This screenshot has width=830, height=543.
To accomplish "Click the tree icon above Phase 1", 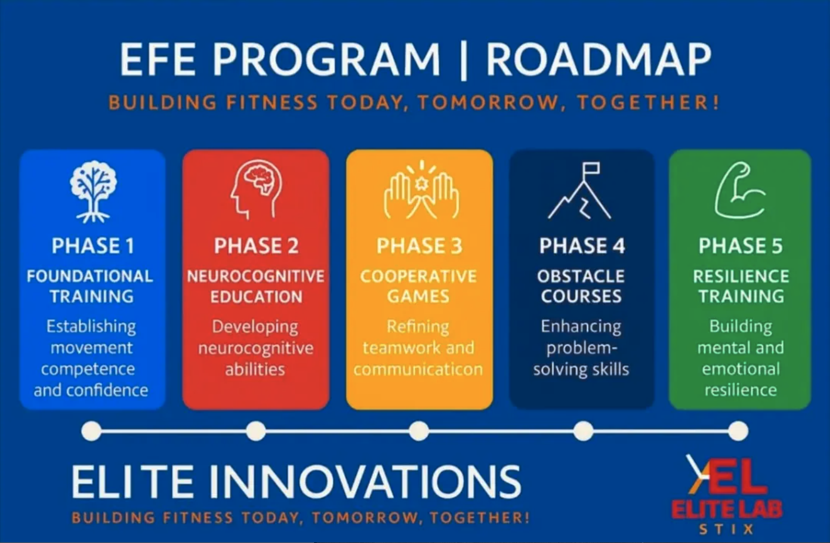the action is click(x=93, y=192).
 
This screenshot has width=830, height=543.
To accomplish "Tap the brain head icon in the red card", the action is click(x=257, y=189).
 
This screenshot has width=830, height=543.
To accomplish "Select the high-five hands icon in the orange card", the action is click(x=421, y=190).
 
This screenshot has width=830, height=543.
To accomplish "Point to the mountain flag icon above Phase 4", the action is click(x=580, y=190).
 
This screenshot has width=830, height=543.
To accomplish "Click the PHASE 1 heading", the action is click(x=93, y=246).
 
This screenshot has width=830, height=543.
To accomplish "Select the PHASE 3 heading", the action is click(x=420, y=246).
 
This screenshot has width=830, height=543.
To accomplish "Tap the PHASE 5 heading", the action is click(x=740, y=246).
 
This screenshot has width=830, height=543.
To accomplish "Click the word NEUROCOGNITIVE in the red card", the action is click(x=256, y=276).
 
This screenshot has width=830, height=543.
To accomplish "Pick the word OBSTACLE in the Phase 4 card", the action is click(x=581, y=276).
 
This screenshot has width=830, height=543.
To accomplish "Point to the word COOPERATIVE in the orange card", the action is click(x=419, y=276).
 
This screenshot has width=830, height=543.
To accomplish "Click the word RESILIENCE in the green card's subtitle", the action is click(x=741, y=276).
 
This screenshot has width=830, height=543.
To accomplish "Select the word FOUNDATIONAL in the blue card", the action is click(x=90, y=276).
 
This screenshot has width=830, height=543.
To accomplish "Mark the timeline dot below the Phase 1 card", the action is click(x=92, y=431).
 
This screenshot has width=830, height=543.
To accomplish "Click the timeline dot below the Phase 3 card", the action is click(x=419, y=431).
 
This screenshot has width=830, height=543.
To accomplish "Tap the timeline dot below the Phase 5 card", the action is click(x=738, y=431).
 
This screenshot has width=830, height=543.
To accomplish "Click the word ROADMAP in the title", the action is click(x=598, y=59).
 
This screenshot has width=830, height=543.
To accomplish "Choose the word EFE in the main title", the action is click(x=157, y=59).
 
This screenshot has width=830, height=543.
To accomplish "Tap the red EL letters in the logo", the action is click(x=738, y=477).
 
